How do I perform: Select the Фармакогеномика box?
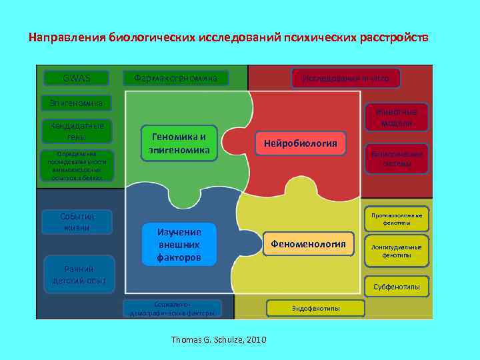pyautogui.click(x=176, y=78)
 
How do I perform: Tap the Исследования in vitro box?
pyautogui.click(x=345, y=78)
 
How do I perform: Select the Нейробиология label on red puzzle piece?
pyautogui.click(x=301, y=143)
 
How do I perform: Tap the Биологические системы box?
pyautogui.click(x=397, y=159)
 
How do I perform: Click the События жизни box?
pyautogui.click(x=77, y=222)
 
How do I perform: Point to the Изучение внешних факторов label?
pyautogui.click(x=179, y=244)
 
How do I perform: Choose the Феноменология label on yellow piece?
pyautogui.click(x=308, y=245)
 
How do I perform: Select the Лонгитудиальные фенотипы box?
pyautogui.click(x=397, y=251)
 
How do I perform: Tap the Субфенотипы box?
pyautogui.click(x=397, y=287)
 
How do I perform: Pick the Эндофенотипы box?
pyautogui.click(x=315, y=308)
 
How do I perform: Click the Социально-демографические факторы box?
pyautogui.click(x=173, y=308)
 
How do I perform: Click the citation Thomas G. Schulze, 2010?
pyautogui.click(x=219, y=340)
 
